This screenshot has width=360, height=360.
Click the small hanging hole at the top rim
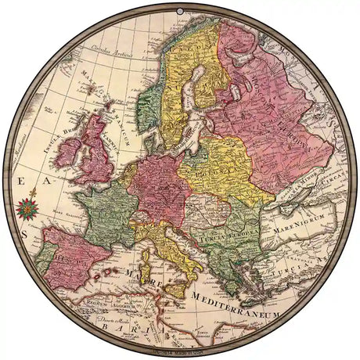(181, 13)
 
